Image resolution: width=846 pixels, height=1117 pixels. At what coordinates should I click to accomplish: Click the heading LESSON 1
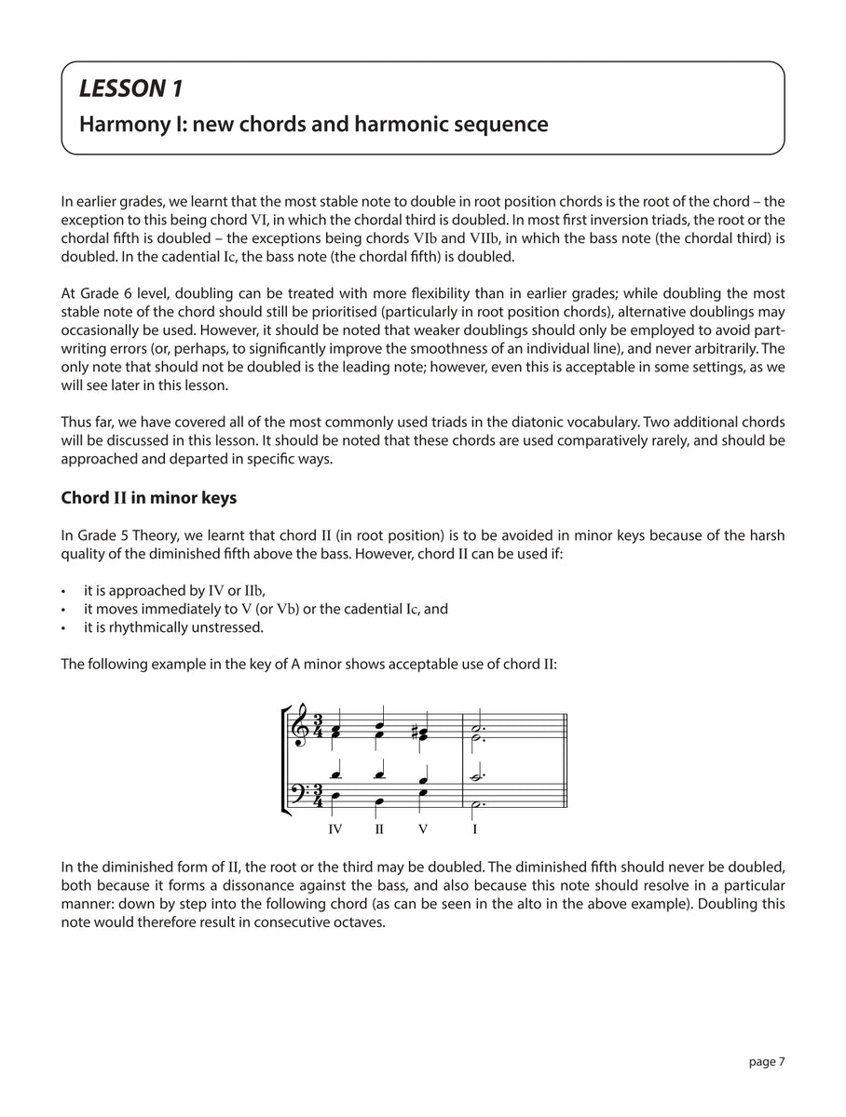click(x=130, y=89)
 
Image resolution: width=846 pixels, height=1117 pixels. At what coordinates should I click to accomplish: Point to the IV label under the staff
click(x=335, y=828)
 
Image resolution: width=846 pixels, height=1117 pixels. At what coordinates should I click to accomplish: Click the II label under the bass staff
click(x=379, y=828)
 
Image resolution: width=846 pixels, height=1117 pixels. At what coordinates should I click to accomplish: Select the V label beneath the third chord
click(x=422, y=828)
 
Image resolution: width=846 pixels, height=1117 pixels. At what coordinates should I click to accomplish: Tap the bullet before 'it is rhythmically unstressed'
click(x=62, y=627)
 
